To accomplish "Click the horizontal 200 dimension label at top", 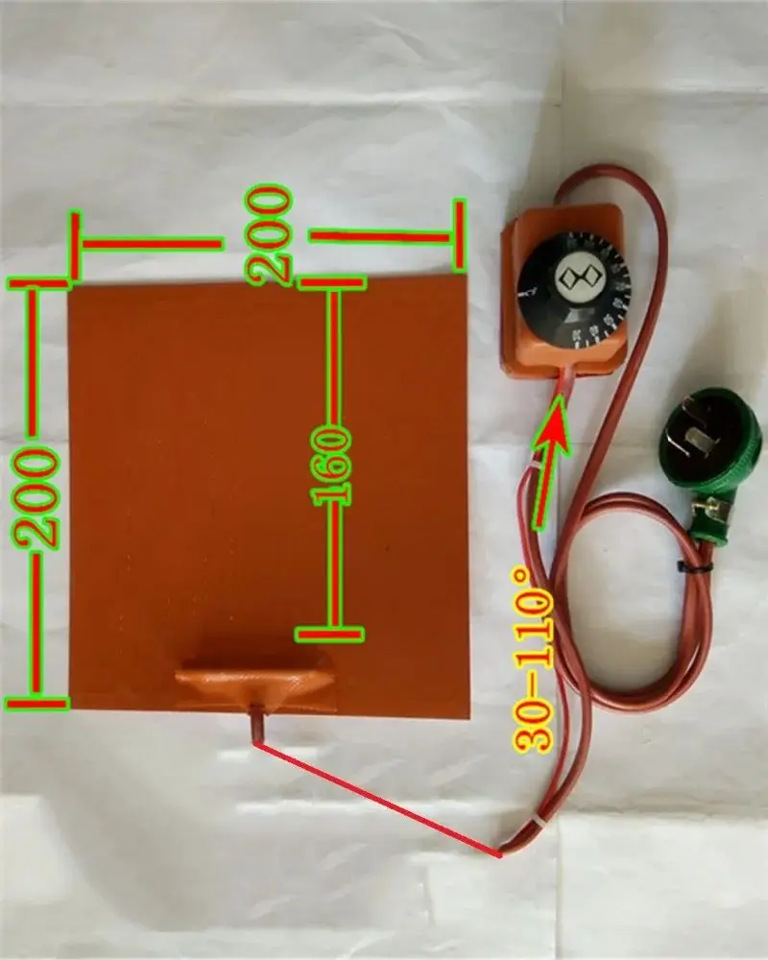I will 269,235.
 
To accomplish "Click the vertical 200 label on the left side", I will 40,496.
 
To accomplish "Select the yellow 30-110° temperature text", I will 534,658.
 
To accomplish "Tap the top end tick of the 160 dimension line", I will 331,282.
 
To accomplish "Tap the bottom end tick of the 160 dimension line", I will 329,634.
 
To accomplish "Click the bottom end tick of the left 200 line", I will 36,704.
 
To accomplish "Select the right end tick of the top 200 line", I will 459,233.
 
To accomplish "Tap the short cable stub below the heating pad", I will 258,725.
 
